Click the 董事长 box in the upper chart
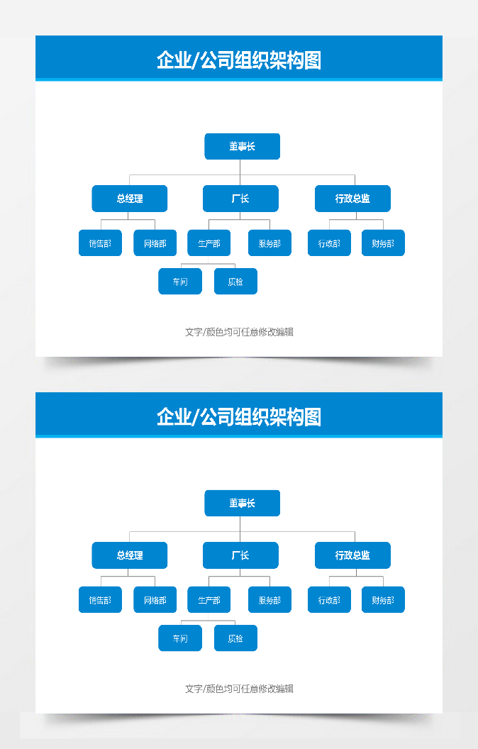tap(242, 146)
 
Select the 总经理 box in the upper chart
tap(130, 199)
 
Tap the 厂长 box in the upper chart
tap(240, 199)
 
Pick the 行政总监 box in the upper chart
tap(352, 199)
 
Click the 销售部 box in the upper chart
tap(100, 243)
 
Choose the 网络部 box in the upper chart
tap(155, 243)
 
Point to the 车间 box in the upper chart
tap(180, 282)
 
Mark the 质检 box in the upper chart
tap(235, 282)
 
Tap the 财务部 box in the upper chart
tap(383, 243)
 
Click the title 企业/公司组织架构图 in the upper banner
tap(239, 60)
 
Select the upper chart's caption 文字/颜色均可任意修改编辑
tap(239, 332)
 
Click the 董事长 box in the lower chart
tap(242, 503)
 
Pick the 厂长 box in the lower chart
tap(240, 555)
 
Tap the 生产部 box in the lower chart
tap(209, 600)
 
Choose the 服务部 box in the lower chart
tap(269, 600)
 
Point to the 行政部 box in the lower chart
tap(329, 600)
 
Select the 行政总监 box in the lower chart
tap(352, 555)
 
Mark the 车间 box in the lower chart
tap(180, 638)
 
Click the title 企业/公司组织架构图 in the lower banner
tap(239, 417)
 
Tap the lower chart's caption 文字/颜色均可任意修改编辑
tap(239, 689)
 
